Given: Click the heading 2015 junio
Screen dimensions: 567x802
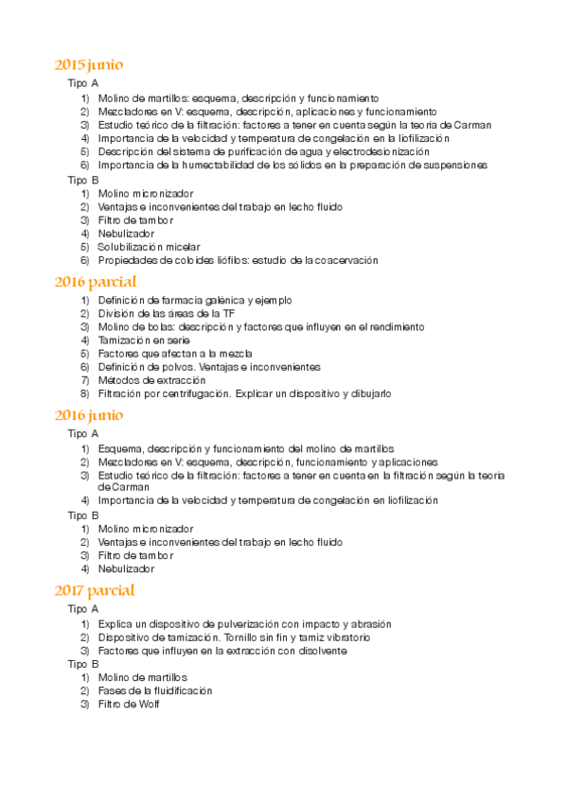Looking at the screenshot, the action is coord(89,65).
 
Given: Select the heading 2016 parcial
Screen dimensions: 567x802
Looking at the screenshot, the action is coord(96,282).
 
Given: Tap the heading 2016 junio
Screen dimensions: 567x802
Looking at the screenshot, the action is coord(89,415).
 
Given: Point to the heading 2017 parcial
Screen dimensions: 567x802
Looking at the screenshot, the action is coord(95,590).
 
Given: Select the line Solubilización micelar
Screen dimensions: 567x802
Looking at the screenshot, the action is coord(149,247).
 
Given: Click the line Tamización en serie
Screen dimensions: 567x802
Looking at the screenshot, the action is coord(144,340).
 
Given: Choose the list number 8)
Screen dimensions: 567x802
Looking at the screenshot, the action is coord(85,392).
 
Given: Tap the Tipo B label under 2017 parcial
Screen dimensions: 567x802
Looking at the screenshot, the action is coord(83,664).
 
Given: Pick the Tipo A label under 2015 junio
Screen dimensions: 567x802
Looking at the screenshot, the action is coord(83,84).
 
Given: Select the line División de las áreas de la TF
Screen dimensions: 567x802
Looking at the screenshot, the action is coord(167,313).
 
